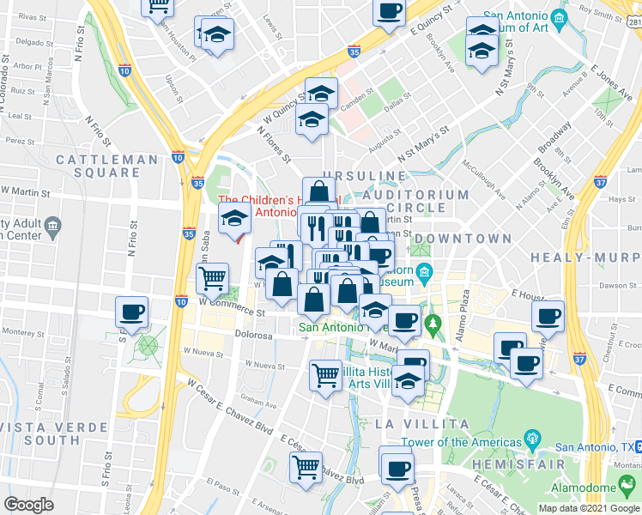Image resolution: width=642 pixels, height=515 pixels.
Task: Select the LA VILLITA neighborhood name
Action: coord(421,424)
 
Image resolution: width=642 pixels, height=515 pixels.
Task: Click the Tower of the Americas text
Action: coord(455,442)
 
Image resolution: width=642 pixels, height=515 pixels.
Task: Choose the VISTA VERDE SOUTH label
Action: coord(40,433)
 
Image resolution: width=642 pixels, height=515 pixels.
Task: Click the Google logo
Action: coord(28,505)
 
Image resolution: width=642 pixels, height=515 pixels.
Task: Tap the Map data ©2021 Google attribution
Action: coord(588,508)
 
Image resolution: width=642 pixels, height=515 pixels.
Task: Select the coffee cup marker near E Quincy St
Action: coord(389,11)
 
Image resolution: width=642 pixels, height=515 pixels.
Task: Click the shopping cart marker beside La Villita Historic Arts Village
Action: coord(325,374)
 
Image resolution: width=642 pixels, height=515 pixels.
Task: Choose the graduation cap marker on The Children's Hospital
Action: coord(234,219)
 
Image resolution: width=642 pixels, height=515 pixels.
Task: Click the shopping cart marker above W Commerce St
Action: coord(212,277)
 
